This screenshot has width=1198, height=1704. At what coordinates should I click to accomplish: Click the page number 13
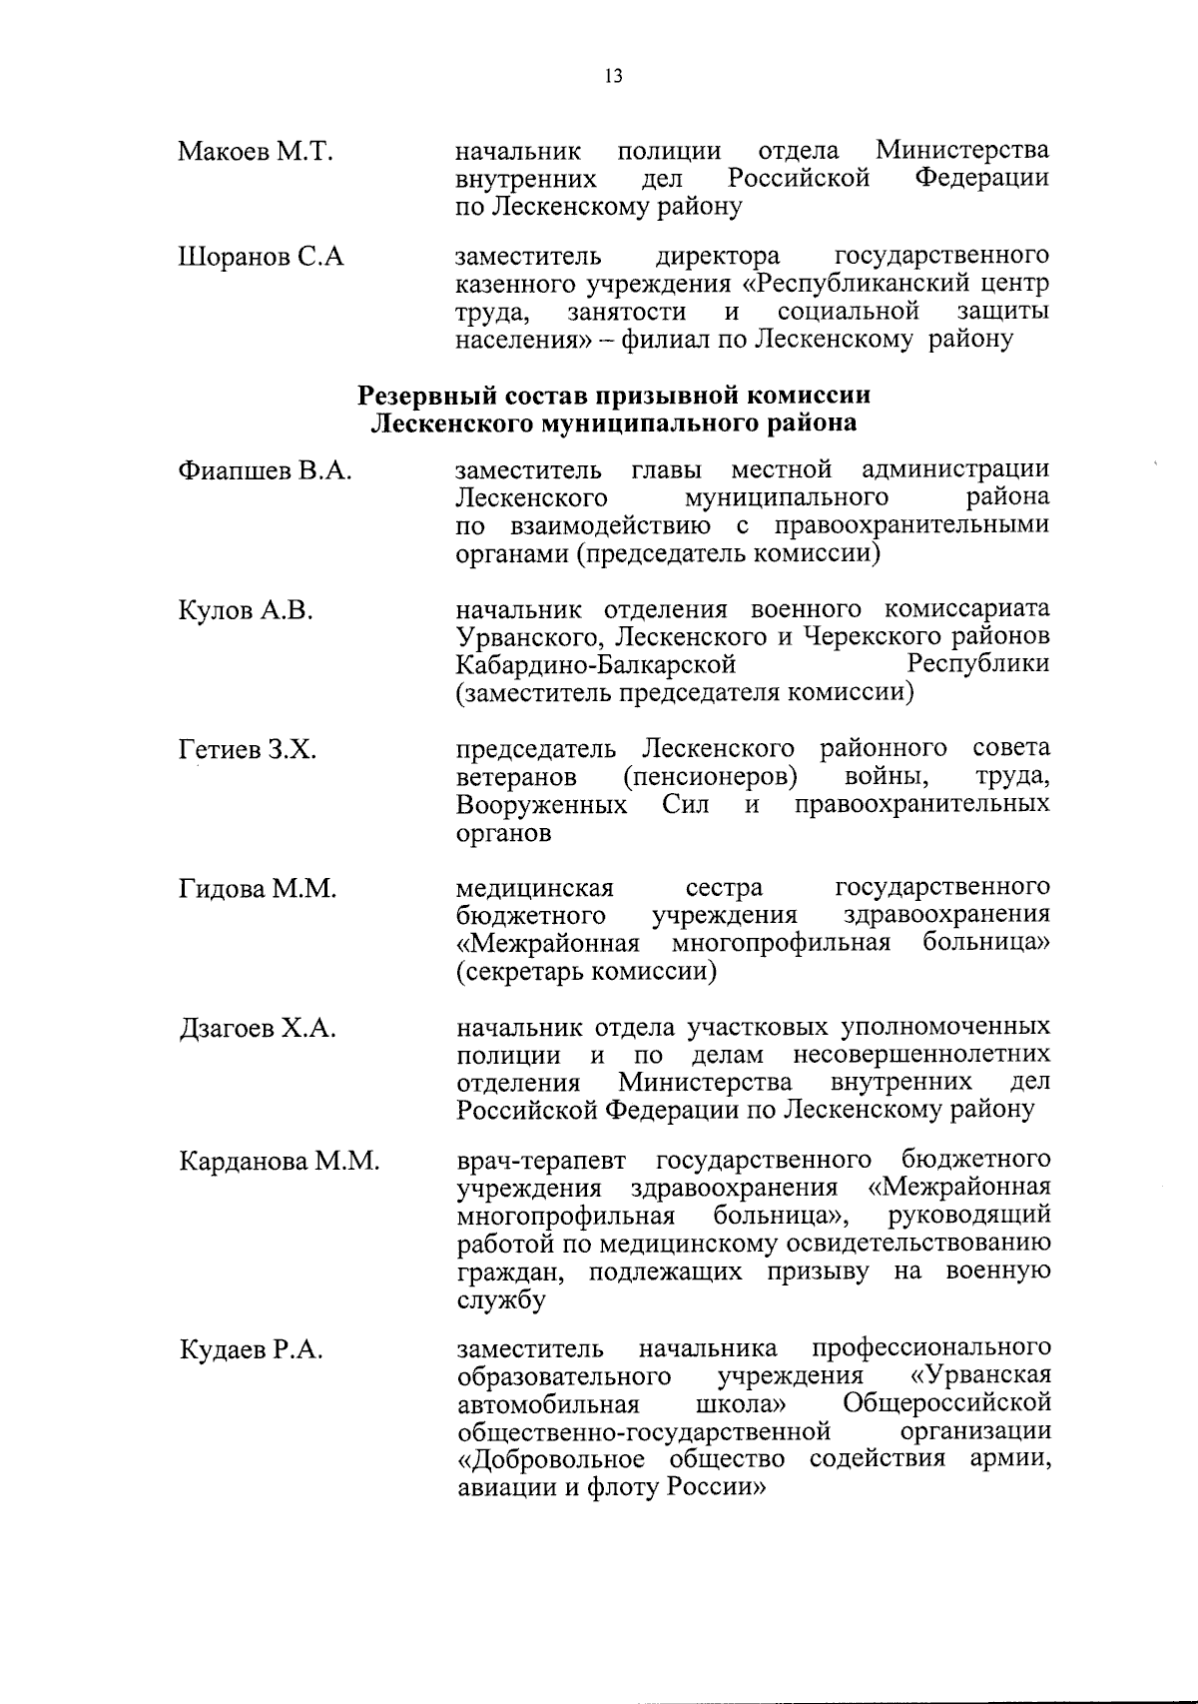pos(613,77)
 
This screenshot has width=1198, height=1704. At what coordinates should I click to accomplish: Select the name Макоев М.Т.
pos(255,153)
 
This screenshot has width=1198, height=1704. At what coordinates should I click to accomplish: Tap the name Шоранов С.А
pos(261,257)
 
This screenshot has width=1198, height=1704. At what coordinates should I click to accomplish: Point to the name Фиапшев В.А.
pos(265,470)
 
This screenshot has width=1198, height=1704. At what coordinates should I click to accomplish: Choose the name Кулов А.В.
pos(246,610)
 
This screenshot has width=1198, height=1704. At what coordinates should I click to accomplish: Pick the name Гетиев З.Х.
pos(248,749)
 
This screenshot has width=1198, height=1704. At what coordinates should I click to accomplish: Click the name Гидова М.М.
pos(258,889)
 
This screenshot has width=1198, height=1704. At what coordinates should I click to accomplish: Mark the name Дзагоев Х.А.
pos(257,1029)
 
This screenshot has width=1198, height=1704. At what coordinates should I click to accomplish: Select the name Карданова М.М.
pos(279,1161)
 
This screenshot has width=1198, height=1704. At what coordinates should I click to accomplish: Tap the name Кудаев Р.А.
pos(251,1350)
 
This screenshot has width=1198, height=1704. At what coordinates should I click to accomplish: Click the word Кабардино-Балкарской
pos(596,664)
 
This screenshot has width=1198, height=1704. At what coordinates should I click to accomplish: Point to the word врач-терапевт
pos(541,1161)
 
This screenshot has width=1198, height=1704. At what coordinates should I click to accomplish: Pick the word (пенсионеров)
pos(710,776)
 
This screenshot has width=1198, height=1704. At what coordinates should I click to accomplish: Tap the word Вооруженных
pos(541,804)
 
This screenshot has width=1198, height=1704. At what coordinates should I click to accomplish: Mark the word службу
pos(501,1300)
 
